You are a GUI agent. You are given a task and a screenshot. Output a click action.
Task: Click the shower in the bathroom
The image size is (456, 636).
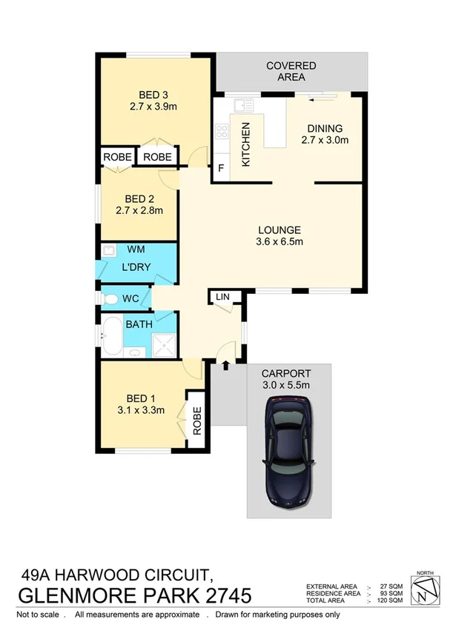tap(163, 343)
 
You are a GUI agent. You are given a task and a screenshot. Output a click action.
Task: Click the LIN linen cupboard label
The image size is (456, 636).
tap(222, 297)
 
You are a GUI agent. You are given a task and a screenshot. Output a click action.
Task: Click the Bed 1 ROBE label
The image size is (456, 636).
tap(198, 422)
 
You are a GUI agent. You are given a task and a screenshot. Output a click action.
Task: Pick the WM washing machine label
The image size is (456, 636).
tap(136, 250)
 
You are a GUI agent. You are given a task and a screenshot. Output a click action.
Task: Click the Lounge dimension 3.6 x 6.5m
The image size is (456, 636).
tap(279, 241)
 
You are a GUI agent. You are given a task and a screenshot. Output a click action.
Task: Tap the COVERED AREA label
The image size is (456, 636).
tap(291, 72)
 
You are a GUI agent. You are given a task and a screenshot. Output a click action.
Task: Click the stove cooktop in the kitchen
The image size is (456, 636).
tap(221, 133)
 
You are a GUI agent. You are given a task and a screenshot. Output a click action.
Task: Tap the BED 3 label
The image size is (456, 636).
tap(153, 94)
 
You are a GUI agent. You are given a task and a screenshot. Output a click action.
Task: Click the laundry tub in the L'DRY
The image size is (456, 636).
tap(108, 251)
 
